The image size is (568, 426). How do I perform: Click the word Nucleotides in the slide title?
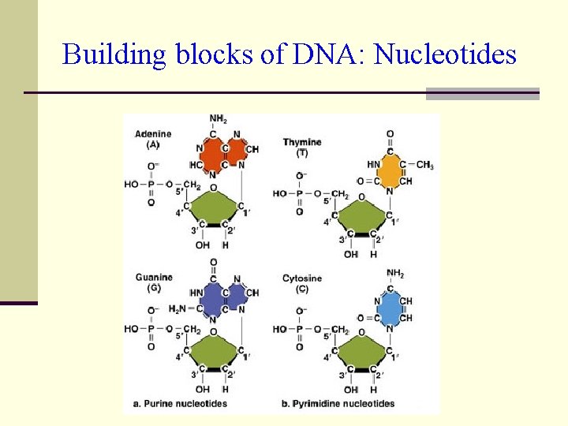[445, 54]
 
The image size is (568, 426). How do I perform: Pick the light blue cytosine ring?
[389, 310]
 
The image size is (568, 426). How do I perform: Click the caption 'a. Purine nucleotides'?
[181, 403]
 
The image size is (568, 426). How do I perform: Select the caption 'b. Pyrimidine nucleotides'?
[338, 403]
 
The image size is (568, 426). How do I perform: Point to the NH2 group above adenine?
[218, 119]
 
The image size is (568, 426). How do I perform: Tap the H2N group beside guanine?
[178, 308]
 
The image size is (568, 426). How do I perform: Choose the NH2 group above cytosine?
[394, 274]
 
